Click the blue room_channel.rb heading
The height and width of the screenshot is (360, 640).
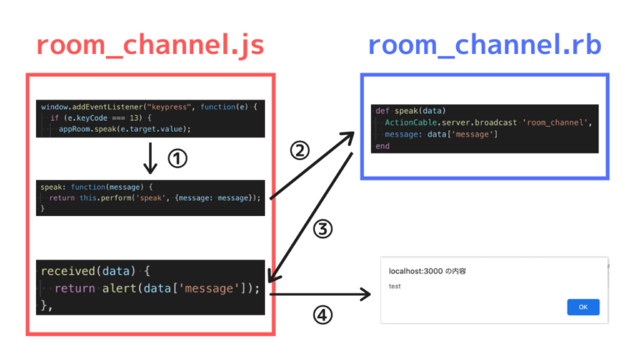[485, 47]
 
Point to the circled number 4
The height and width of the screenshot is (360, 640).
[322, 316]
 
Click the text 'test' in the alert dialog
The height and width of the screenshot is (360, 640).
[395, 286]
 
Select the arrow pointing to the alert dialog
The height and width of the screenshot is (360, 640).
[321, 293]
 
